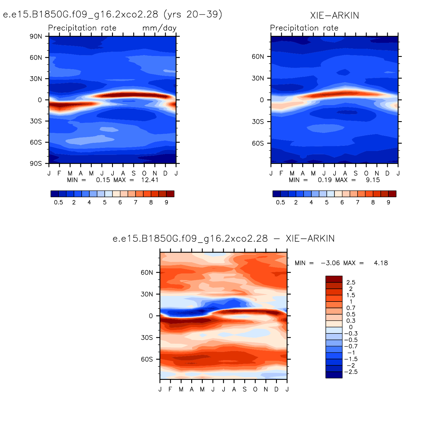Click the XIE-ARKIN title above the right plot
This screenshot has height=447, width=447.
coord(334,15)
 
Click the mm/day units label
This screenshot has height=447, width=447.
coord(159,28)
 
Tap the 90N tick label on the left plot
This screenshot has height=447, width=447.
coord(36,36)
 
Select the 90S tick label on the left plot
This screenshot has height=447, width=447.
coord(36,163)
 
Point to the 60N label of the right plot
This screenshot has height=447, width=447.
coord(258,57)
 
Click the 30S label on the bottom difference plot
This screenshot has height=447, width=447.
coord(147,338)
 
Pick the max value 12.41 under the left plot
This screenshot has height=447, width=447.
coord(150,180)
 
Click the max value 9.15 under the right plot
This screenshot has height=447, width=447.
coord(373,180)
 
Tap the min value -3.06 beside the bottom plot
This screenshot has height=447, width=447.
coord(330,263)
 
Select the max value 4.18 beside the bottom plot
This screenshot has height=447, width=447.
coord(381,263)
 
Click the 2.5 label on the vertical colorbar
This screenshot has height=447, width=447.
coord(351,282)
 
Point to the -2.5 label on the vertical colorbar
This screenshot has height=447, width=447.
coord(351,372)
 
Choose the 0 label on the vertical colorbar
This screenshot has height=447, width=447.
coord(351,327)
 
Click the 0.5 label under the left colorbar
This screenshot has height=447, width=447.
coord(58,202)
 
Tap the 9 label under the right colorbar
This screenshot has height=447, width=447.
coord(388,202)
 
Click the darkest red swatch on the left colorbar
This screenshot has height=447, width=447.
coord(170,194)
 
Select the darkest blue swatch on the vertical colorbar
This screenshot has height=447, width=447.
coord(334,375)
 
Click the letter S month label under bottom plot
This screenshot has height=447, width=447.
coord(245,389)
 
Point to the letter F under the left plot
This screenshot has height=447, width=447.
coord(59,173)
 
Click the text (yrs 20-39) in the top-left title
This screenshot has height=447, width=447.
coord(192,14)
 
